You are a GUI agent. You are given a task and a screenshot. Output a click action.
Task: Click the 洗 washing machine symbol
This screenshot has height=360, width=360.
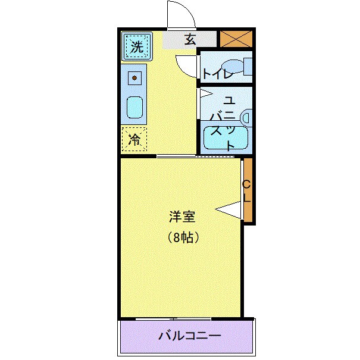click(137, 46)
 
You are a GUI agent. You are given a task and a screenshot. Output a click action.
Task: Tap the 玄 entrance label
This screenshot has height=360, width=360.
click(190, 40)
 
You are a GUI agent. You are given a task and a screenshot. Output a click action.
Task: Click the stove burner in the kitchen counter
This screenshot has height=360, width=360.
click(135, 77)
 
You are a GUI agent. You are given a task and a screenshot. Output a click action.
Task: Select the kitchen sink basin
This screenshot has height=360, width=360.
click(135, 108)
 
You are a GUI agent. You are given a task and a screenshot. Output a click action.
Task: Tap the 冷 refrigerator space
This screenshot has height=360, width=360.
click(135, 140)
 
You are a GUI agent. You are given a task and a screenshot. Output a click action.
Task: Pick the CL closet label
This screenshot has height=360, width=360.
click(248, 192)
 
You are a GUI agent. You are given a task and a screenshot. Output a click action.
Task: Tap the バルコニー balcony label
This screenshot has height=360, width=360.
click(189, 336)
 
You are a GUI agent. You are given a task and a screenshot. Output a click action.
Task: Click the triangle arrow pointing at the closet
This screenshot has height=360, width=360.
click(228, 208)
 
